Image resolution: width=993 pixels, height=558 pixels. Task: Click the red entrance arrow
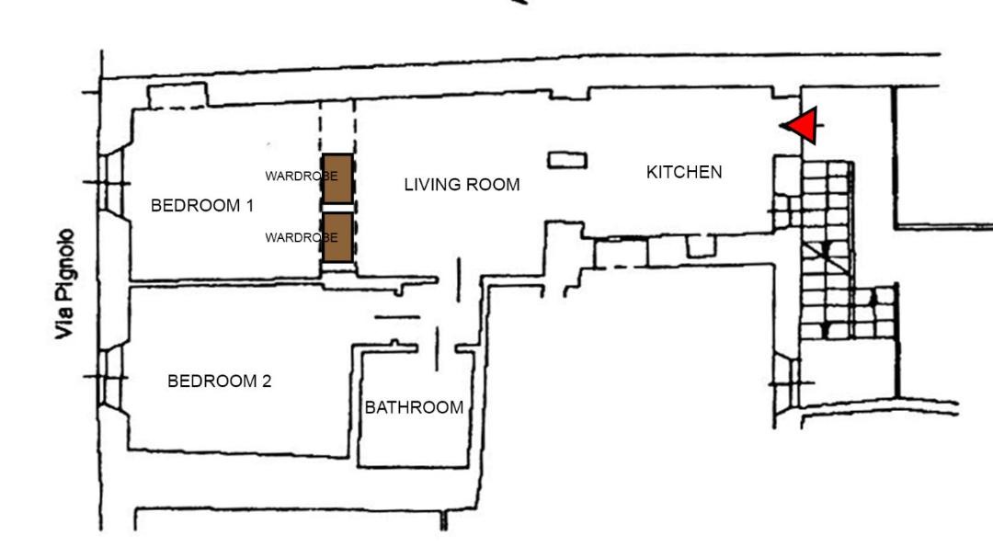[x=803, y=125]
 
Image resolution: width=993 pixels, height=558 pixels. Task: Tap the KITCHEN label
[x=684, y=172]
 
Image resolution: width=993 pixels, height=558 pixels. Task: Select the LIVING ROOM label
[x=462, y=185]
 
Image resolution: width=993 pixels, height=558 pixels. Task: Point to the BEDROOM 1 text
[x=202, y=206]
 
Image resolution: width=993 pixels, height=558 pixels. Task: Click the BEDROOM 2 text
[x=219, y=381]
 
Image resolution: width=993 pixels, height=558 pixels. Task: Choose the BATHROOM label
[x=414, y=407]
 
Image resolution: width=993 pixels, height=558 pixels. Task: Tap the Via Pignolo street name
[x=64, y=284]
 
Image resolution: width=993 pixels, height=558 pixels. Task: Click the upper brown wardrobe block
[x=337, y=178]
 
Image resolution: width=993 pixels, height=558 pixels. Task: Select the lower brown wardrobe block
[x=337, y=237]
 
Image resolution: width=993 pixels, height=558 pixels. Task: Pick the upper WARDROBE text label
[x=301, y=177]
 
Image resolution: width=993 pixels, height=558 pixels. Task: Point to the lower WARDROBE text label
[x=301, y=238]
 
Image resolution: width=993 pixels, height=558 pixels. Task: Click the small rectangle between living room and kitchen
[x=567, y=160]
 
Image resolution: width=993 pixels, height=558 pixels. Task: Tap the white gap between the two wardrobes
[x=337, y=209]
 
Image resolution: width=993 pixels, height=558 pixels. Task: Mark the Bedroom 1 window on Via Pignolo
[x=111, y=183]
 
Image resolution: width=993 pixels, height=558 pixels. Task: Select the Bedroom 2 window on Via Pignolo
[x=111, y=378]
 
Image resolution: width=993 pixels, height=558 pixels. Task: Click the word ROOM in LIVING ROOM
[x=496, y=185]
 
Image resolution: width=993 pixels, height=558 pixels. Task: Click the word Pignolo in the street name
[x=64, y=265]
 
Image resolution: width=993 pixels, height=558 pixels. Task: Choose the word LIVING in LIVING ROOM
[x=435, y=185]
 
